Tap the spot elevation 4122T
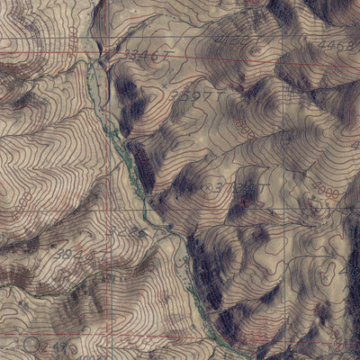pos(232,42)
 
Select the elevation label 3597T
pos(196,92)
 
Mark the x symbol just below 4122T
pos(256,52)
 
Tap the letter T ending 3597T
pos(218,93)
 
